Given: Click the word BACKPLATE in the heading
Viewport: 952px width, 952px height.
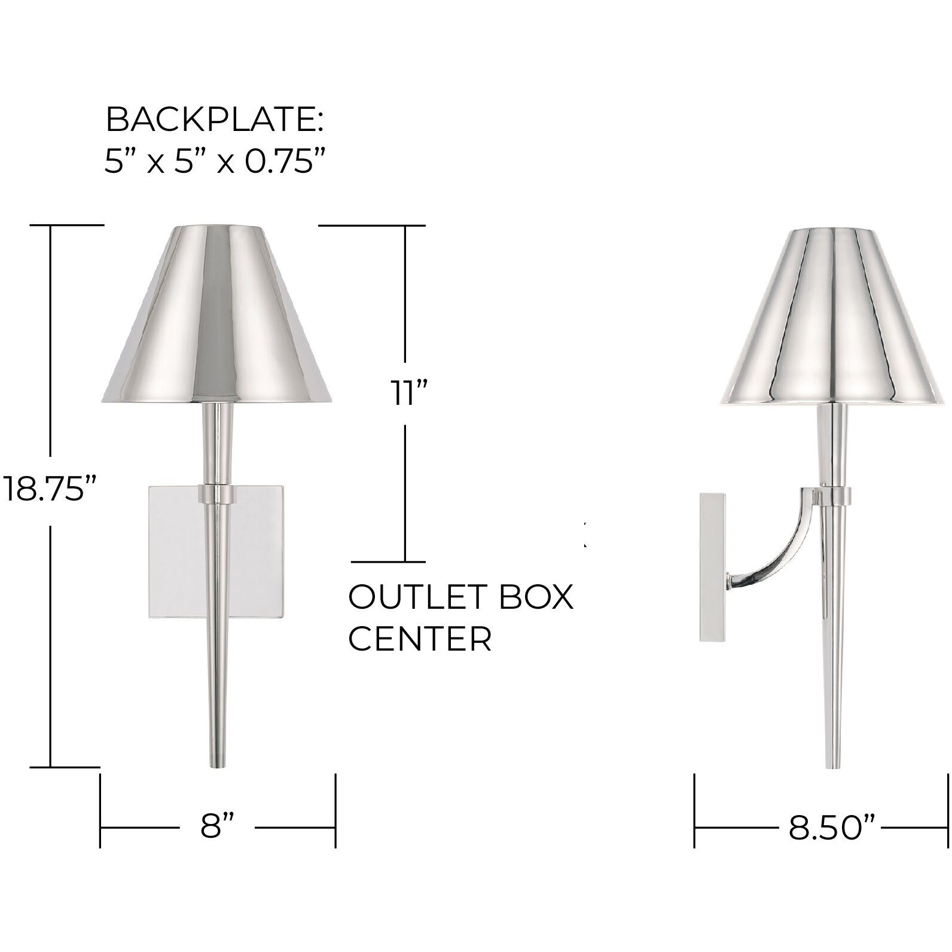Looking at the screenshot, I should (x=210, y=120).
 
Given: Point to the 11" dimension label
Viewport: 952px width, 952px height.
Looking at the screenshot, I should (x=407, y=394).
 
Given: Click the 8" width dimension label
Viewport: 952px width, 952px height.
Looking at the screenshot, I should (x=217, y=828).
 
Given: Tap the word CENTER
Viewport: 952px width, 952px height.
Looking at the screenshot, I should (x=420, y=639).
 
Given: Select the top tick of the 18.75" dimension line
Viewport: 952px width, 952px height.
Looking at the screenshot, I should (x=66, y=225).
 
